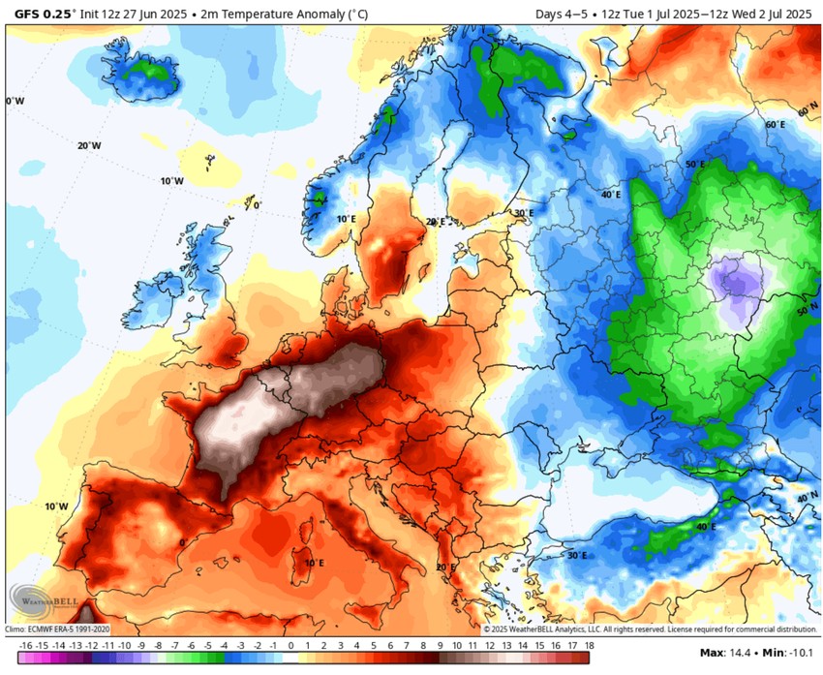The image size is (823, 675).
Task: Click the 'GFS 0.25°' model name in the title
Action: coord(40,15)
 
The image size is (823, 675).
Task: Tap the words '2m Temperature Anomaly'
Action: coord(261,15)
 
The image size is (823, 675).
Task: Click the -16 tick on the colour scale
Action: coord(26,645)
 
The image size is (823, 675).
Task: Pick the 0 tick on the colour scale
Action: coord(290,645)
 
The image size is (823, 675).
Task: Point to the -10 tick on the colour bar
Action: coord(124,645)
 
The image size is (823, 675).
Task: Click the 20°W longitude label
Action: coord(89,145)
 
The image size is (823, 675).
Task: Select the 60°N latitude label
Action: coord(806,112)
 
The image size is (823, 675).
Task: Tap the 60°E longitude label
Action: coord(775,125)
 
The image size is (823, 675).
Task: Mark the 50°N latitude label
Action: coord(806,311)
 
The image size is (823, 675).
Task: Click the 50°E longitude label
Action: coord(695,165)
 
